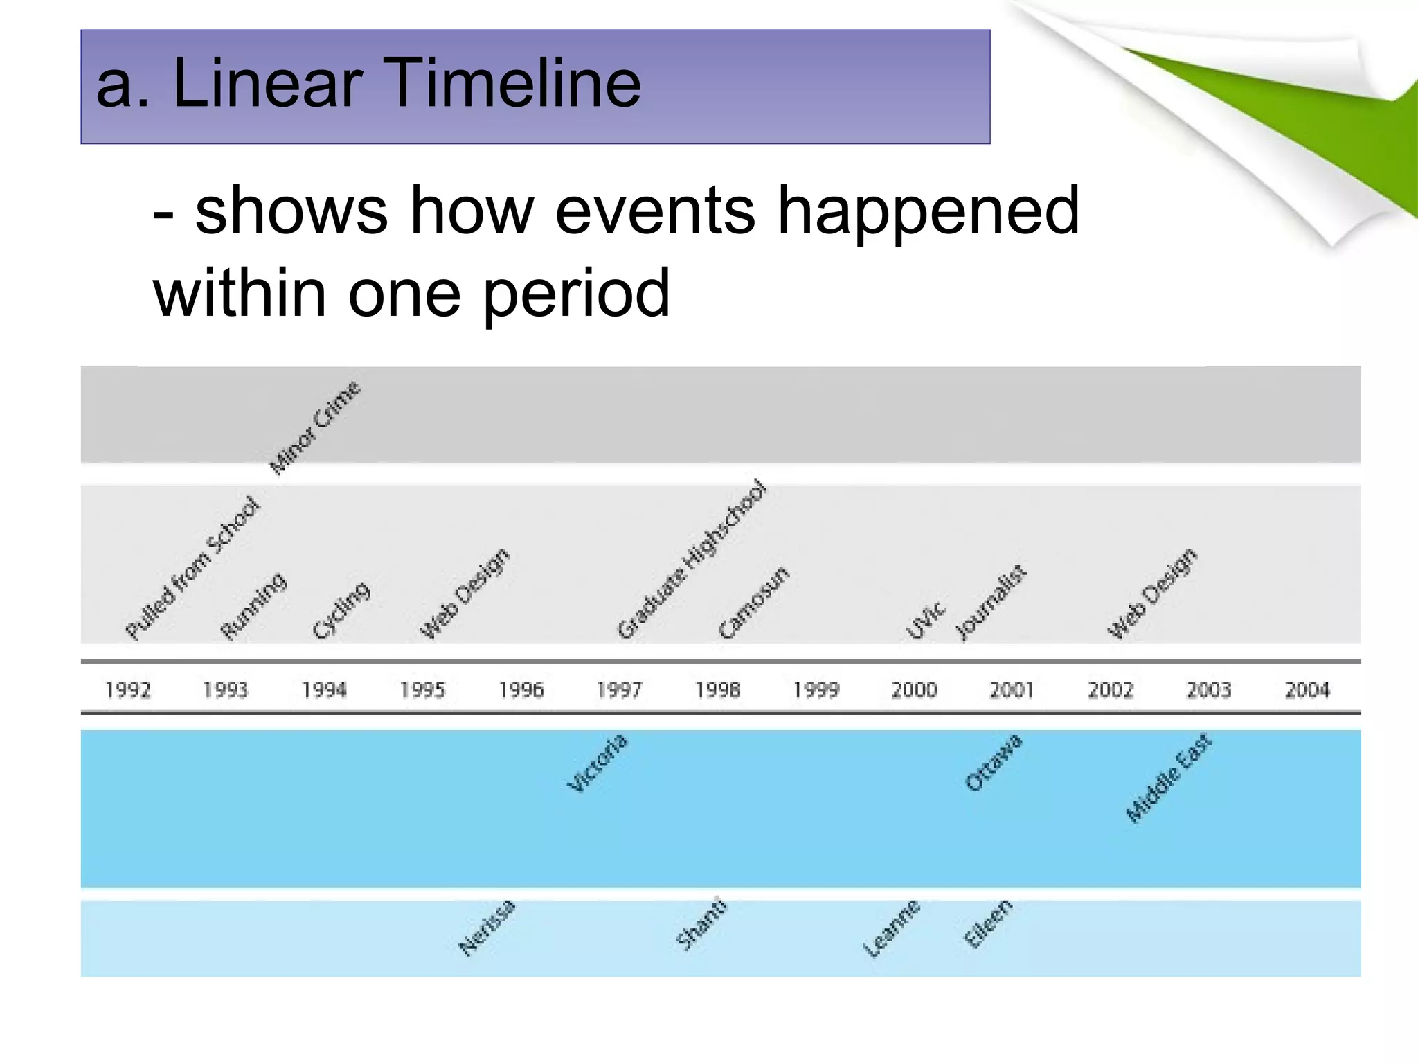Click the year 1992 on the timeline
click(128, 689)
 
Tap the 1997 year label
click(620, 689)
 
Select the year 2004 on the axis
click(1307, 689)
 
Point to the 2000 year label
click(914, 689)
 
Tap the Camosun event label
click(754, 602)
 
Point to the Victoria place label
click(598, 763)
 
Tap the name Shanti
click(701, 923)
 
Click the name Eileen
click(988, 923)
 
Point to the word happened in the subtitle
click(928, 210)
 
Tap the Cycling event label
click(341, 610)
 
